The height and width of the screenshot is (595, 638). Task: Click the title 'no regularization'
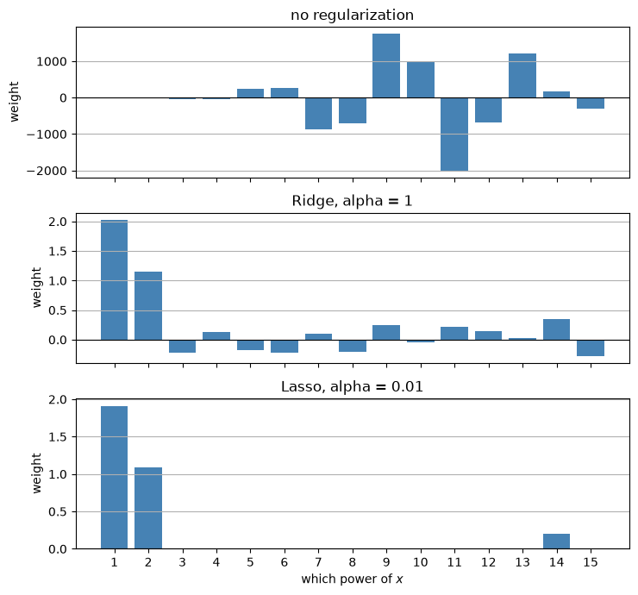[x=352, y=15]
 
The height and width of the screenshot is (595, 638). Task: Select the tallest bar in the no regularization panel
[x=386, y=66]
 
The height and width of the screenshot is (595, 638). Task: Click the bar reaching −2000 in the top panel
[x=454, y=135]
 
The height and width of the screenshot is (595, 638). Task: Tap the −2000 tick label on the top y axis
[x=47, y=171]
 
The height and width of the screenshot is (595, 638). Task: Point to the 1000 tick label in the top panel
[x=52, y=62]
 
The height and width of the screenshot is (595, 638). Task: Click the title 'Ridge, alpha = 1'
[x=352, y=201]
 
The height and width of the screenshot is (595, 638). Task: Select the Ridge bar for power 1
[x=115, y=280]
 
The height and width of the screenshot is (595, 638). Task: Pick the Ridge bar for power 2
[x=148, y=305]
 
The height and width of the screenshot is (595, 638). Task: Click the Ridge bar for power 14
[x=556, y=329]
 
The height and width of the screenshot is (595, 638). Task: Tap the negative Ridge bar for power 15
[x=591, y=348]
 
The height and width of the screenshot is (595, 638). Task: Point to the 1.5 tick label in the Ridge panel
[x=58, y=252]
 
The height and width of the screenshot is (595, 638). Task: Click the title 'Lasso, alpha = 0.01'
[x=352, y=386]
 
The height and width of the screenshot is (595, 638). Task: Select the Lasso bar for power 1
[x=115, y=478]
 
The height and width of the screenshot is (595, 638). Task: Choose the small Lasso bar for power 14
[x=556, y=542]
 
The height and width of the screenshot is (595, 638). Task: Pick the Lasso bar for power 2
[x=148, y=508]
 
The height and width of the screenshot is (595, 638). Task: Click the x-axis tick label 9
[x=386, y=562]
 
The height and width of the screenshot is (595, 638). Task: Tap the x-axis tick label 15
[x=591, y=562]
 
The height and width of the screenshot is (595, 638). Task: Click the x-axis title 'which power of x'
[x=352, y=579]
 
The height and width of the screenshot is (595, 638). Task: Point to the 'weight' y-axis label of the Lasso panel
[x=36, y=473]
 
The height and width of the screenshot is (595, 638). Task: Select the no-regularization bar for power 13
[x=522, y=76]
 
